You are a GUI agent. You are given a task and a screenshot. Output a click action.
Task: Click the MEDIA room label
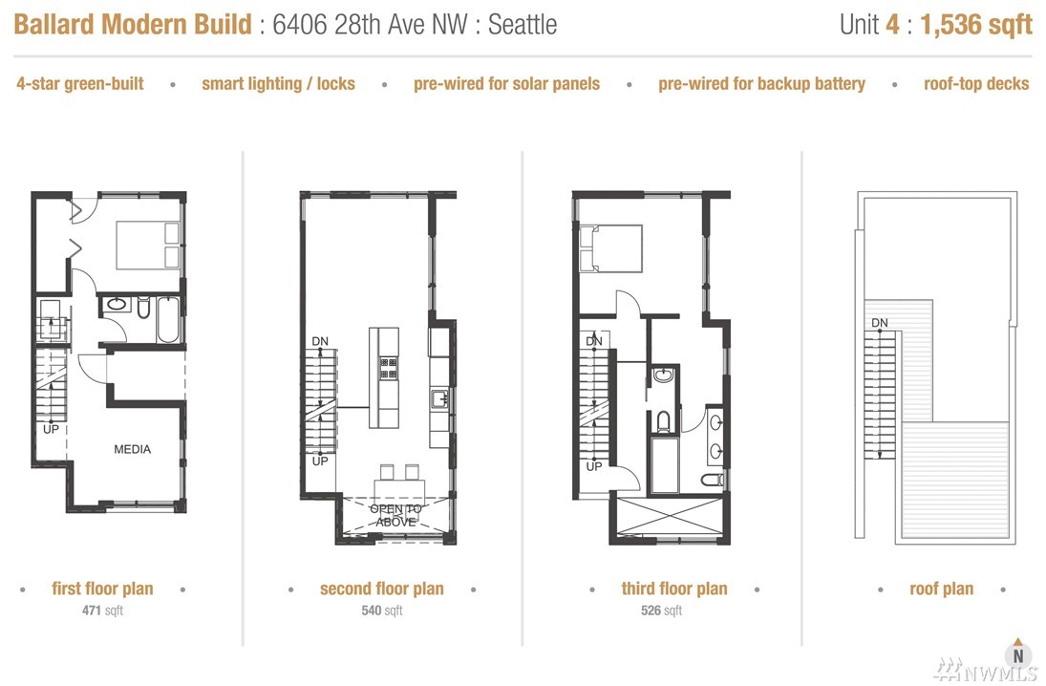click(x=132, y=449)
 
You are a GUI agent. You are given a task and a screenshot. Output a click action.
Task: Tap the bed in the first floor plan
click(x=148, y=245)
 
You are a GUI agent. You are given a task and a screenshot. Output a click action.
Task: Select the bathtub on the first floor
click(x=168, y=320)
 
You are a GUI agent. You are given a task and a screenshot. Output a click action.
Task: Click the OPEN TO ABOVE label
click(x=395, y=515)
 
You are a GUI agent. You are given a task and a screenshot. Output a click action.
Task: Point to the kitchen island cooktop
click(x=388, y=368)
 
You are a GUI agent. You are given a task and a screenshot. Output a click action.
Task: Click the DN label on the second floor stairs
click(x=320, y=341)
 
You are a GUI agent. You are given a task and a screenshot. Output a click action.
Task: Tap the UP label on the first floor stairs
click(x=51, y=428)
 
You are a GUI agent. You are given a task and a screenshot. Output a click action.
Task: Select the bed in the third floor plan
click(x=611, y=248)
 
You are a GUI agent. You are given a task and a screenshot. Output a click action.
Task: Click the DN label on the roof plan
click(x=880, y=322)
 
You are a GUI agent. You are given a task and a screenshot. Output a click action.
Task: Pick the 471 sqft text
click(x=103, y=610)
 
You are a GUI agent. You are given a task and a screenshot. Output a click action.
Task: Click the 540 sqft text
click(x=382, y=610)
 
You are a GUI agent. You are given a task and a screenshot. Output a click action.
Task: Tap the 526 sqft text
click(x=662, y=610)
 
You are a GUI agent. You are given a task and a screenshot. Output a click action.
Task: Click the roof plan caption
click(x=941, y=589)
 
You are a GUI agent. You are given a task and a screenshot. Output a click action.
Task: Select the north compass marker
click(x=1018, y=653)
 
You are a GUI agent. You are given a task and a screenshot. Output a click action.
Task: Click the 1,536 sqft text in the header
click(x=976, y=26)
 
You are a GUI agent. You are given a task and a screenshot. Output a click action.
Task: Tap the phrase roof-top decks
click(x=976, y=84)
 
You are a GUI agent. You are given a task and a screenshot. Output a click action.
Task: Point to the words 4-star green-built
click(x=80, y=84)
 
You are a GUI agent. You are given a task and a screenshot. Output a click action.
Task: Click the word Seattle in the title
click(x=523, y=26)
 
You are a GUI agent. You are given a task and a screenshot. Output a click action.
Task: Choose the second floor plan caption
click(x=381, y=589)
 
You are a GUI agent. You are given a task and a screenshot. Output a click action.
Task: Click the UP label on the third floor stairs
click(x=594, y=466)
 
